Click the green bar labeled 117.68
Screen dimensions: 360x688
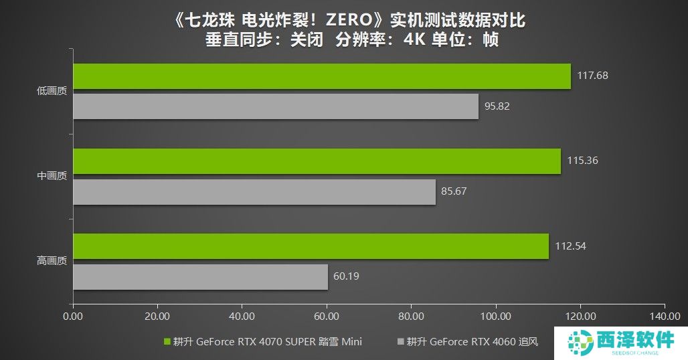pyautogui.click(x=321, y=76)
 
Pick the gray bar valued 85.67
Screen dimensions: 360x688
pyautogui.click(x=254, y=191)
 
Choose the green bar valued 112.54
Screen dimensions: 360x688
pyautogui.click(x=311, y=246)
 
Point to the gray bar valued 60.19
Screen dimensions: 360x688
pyautogui.click(x=200, y=276)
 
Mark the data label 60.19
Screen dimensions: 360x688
pyautogui.click(x=349, y=276)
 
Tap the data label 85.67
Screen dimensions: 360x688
pyautogui.click(x=454, y=191)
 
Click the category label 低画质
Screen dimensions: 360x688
pyautogui.click(x=52, y=92)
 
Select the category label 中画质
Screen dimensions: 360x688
pyautogui.click(x=52, y=177)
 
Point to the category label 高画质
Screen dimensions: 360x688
pyautogui.click(x=52, y=262)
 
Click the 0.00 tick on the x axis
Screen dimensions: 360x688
pyautogui.click(x=72, y=315)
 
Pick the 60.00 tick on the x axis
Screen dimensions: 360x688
pyautogui.click(x=326, y=315)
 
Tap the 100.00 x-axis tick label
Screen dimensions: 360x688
pyautogui.click(x=495, y=315)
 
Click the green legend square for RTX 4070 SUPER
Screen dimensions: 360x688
pyautogui.click(x=167, y=342)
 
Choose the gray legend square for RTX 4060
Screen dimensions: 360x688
pyautogui.click(x=401, y=342)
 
